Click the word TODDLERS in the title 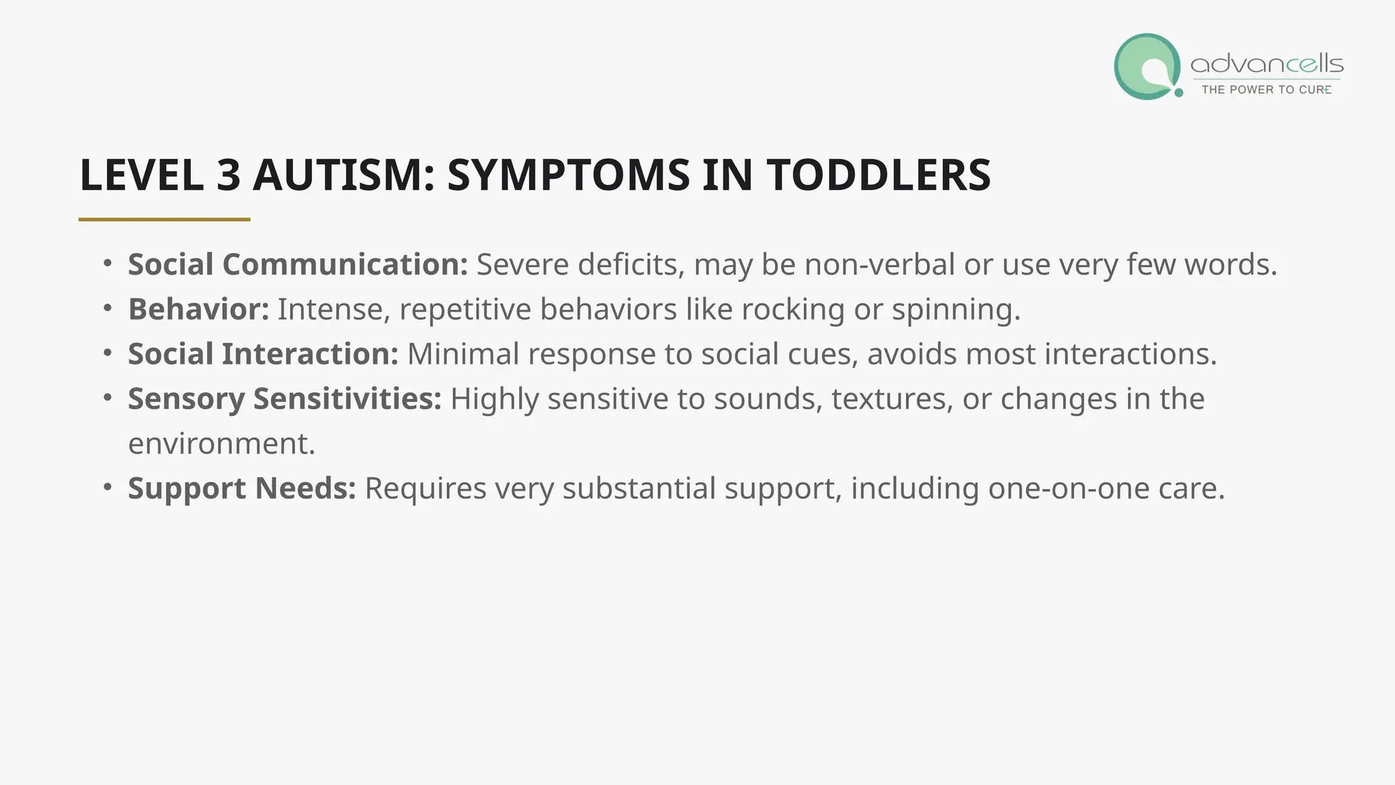pos(879,175)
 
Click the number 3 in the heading pos(229,175)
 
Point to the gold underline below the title pos(164,219)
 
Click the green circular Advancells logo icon pos(1147,67)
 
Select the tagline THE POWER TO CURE pos(1266,90)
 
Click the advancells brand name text pos(1266,65)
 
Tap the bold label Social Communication pos(298,264)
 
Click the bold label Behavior pos(198,309)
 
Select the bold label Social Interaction pos(263,354)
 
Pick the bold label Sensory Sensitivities pos(285,399)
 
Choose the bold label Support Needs pos(242,489)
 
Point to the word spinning pos(955,309)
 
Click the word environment pos(221,444)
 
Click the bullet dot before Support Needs pos(108,487)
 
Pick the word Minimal pos(463,354)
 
